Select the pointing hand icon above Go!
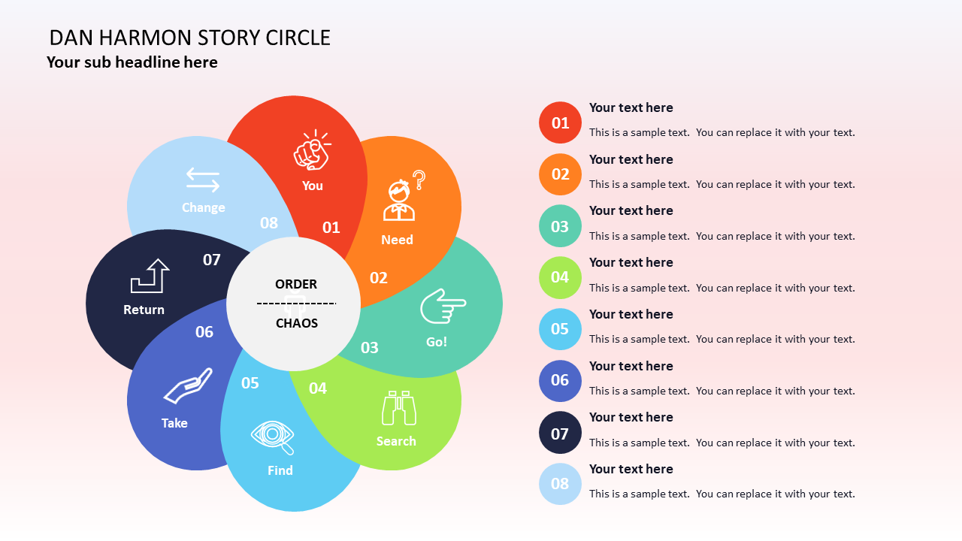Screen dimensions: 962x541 tap(443, 306)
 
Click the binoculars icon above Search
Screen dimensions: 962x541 tap(398, 409)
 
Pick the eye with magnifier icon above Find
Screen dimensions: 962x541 tap(273, 437)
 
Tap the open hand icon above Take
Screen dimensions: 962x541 tap(188, 386)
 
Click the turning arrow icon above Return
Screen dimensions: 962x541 tap(150, 276)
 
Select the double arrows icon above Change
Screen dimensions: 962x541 tap(203, 180)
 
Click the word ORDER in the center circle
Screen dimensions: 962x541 tap(296, 284)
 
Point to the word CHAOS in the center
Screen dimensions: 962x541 tap(297, 323)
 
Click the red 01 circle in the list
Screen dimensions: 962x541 tap(560, 122)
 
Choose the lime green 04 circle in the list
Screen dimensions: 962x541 tap(560, 277)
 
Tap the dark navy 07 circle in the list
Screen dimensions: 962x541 tap(560, 433)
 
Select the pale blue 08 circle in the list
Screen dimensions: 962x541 tap(560, 484)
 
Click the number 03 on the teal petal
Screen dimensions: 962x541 tap(370, 348)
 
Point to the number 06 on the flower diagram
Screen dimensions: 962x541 tap(204, 332)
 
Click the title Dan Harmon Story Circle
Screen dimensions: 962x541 tap(190, 38)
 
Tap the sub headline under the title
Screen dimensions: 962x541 tap(132, 62)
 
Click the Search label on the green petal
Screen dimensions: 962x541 tap(396, 441)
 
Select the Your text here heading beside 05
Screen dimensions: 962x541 tap(631, 314)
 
